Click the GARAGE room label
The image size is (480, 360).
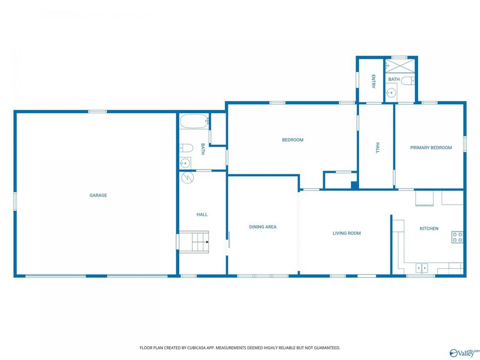98,195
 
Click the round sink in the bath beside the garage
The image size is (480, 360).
186,163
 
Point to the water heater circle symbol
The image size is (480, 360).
187,178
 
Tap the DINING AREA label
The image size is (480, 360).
263,227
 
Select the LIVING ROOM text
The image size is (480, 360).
347,233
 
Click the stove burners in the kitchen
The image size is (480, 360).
457,237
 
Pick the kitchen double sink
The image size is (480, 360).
422,268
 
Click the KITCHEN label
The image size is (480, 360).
429,229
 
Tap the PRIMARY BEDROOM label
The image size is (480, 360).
431,148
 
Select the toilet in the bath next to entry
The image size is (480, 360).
407,81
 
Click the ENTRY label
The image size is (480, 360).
373,81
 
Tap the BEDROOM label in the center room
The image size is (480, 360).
292,140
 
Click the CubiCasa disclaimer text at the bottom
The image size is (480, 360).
239,348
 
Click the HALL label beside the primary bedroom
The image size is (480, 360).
377,148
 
